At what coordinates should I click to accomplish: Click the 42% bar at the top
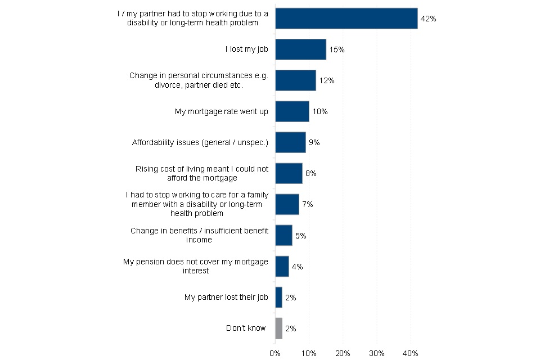point(346,19)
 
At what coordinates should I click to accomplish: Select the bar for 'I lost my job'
point(300,49)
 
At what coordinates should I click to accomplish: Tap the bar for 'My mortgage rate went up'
point(292,111)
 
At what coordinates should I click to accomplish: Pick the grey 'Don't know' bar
point(279,328)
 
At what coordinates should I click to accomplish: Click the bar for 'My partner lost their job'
point(279,298)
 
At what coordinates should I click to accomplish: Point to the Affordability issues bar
point(291,142)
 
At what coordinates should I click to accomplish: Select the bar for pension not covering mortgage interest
point(282,266)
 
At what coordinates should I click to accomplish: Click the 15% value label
point(337,49)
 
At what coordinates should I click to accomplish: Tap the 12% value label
point(327,80)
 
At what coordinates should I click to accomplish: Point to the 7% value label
point(308,204)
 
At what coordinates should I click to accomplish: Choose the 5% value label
point(300,236)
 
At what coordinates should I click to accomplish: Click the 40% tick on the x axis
point(411,353)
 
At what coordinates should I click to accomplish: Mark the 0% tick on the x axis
point(275,353)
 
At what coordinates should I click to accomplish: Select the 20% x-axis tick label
point(343,353)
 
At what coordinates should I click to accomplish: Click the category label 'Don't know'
point(246,328)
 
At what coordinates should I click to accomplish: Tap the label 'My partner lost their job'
point(226,298)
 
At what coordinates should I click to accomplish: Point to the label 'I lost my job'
point(246,49)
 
